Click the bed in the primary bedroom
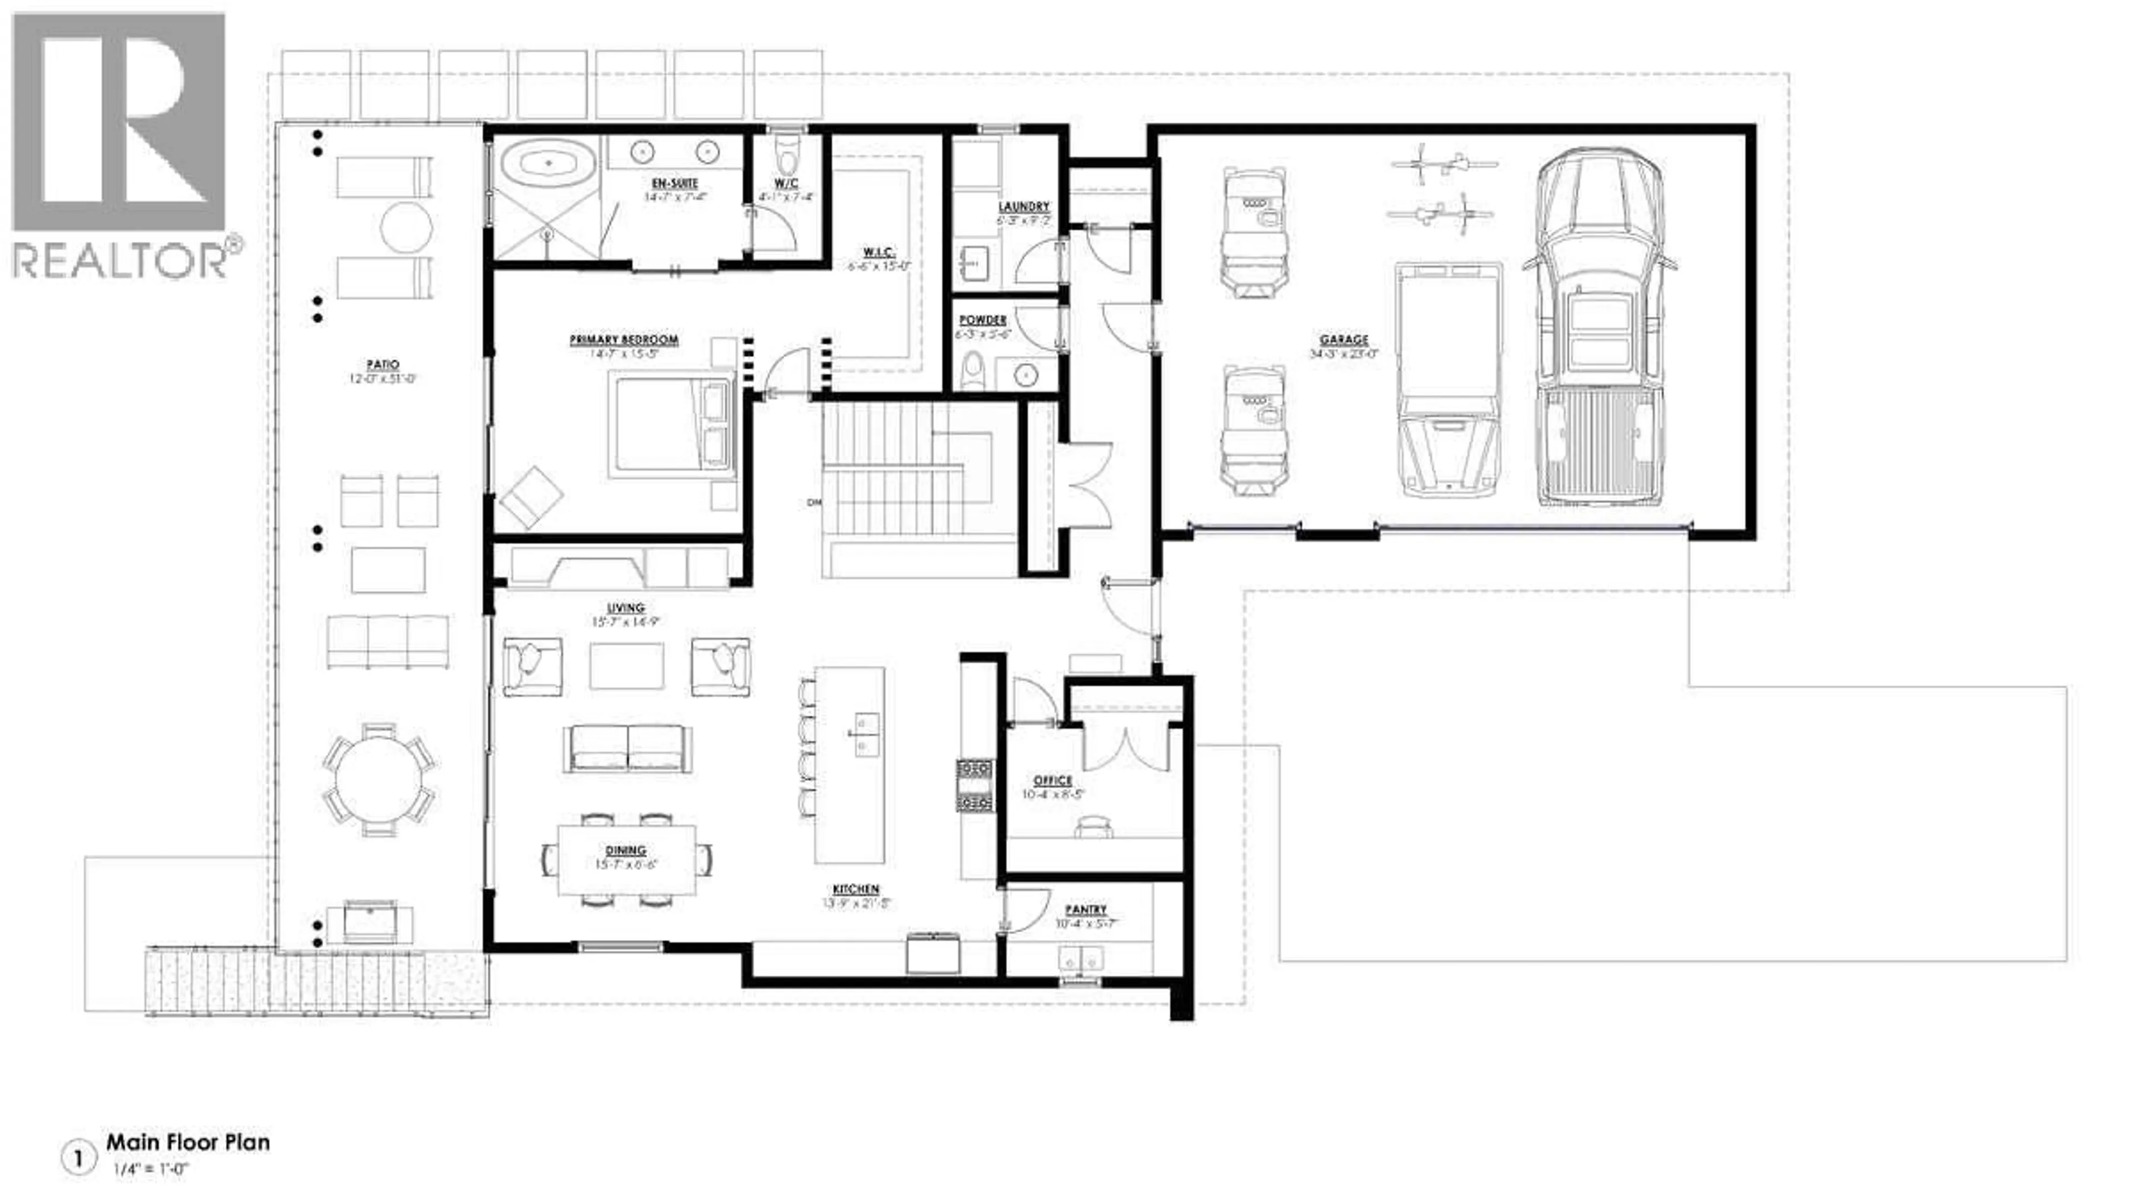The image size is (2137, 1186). click(672, 425)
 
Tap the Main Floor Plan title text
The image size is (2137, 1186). click(188, 1142)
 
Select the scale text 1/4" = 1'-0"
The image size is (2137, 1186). click(152, 1169)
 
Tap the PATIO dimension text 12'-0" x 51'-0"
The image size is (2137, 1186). click(382, 379)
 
